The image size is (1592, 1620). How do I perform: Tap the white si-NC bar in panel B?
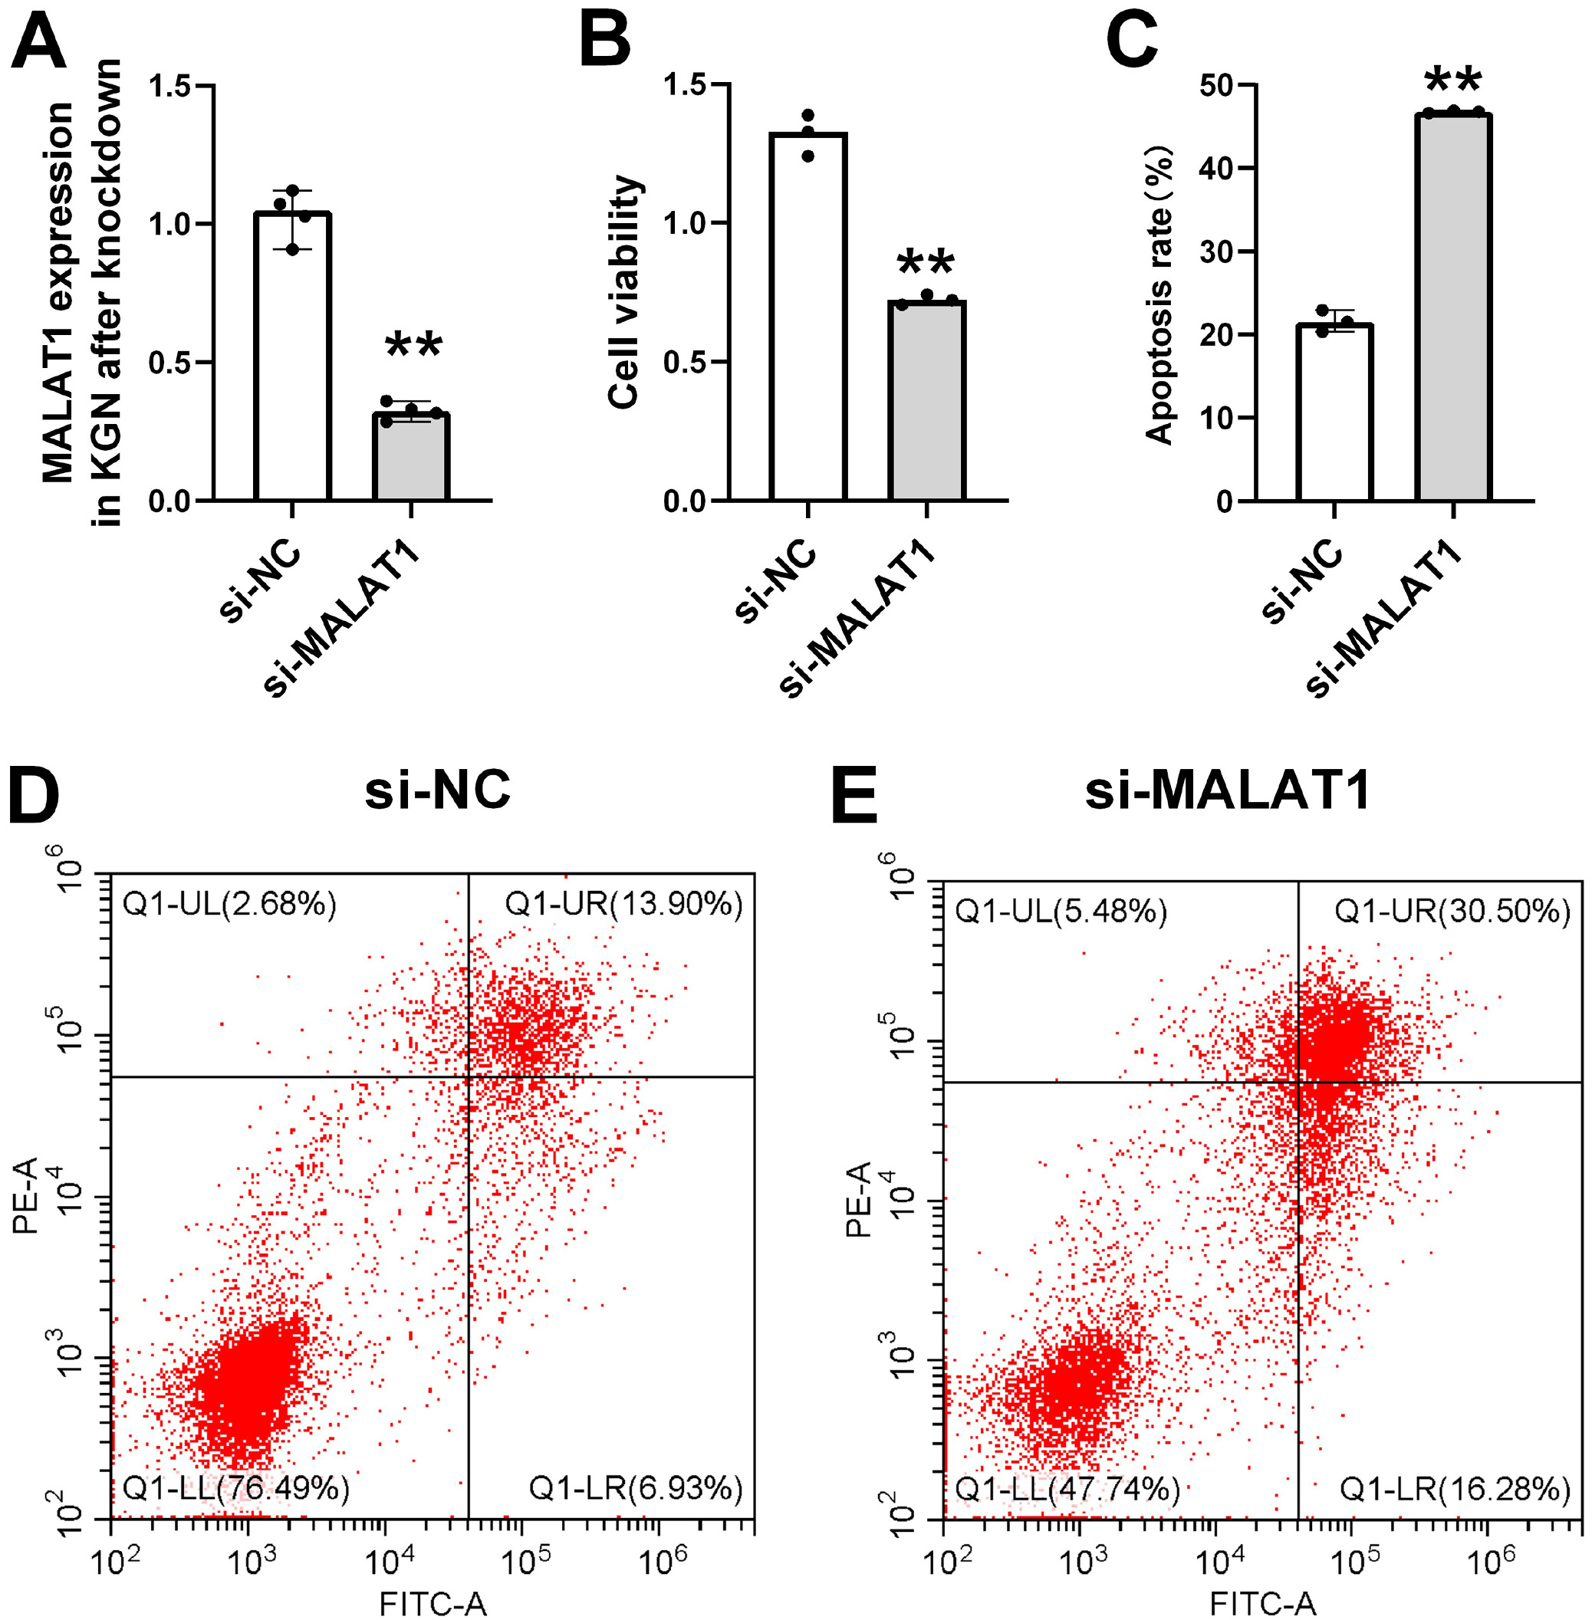point(808,317)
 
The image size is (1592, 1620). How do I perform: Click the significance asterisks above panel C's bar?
point(1453,82)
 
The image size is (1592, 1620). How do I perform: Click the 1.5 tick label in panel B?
point(684,85)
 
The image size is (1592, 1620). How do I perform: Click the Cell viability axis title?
point(624,293)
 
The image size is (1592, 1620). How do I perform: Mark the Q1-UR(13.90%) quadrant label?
point(623,904)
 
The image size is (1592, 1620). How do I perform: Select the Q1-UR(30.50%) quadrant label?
point(1452,910)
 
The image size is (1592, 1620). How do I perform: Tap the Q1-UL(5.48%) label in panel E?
point(1061,910)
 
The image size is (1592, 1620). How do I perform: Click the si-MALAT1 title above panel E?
point(1228,790)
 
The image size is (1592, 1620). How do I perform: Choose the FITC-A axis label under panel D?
point(433,1603)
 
